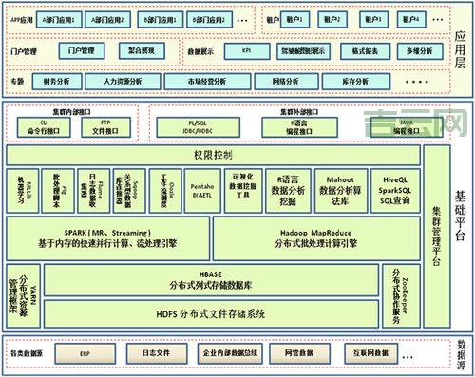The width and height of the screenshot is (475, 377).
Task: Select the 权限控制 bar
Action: click(x=214, y=153)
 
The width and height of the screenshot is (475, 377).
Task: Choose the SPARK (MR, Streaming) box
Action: click(x=107, y=237)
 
